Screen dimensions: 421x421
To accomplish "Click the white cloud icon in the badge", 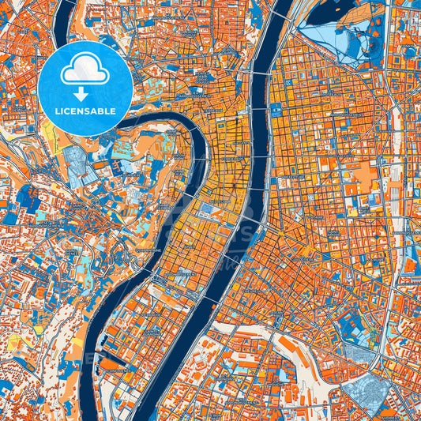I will pos(85,72).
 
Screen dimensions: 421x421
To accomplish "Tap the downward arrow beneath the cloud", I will pos(85,93).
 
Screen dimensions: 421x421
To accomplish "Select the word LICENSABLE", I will pos(85,111).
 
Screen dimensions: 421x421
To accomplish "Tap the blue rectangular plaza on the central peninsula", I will pos(209,211).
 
